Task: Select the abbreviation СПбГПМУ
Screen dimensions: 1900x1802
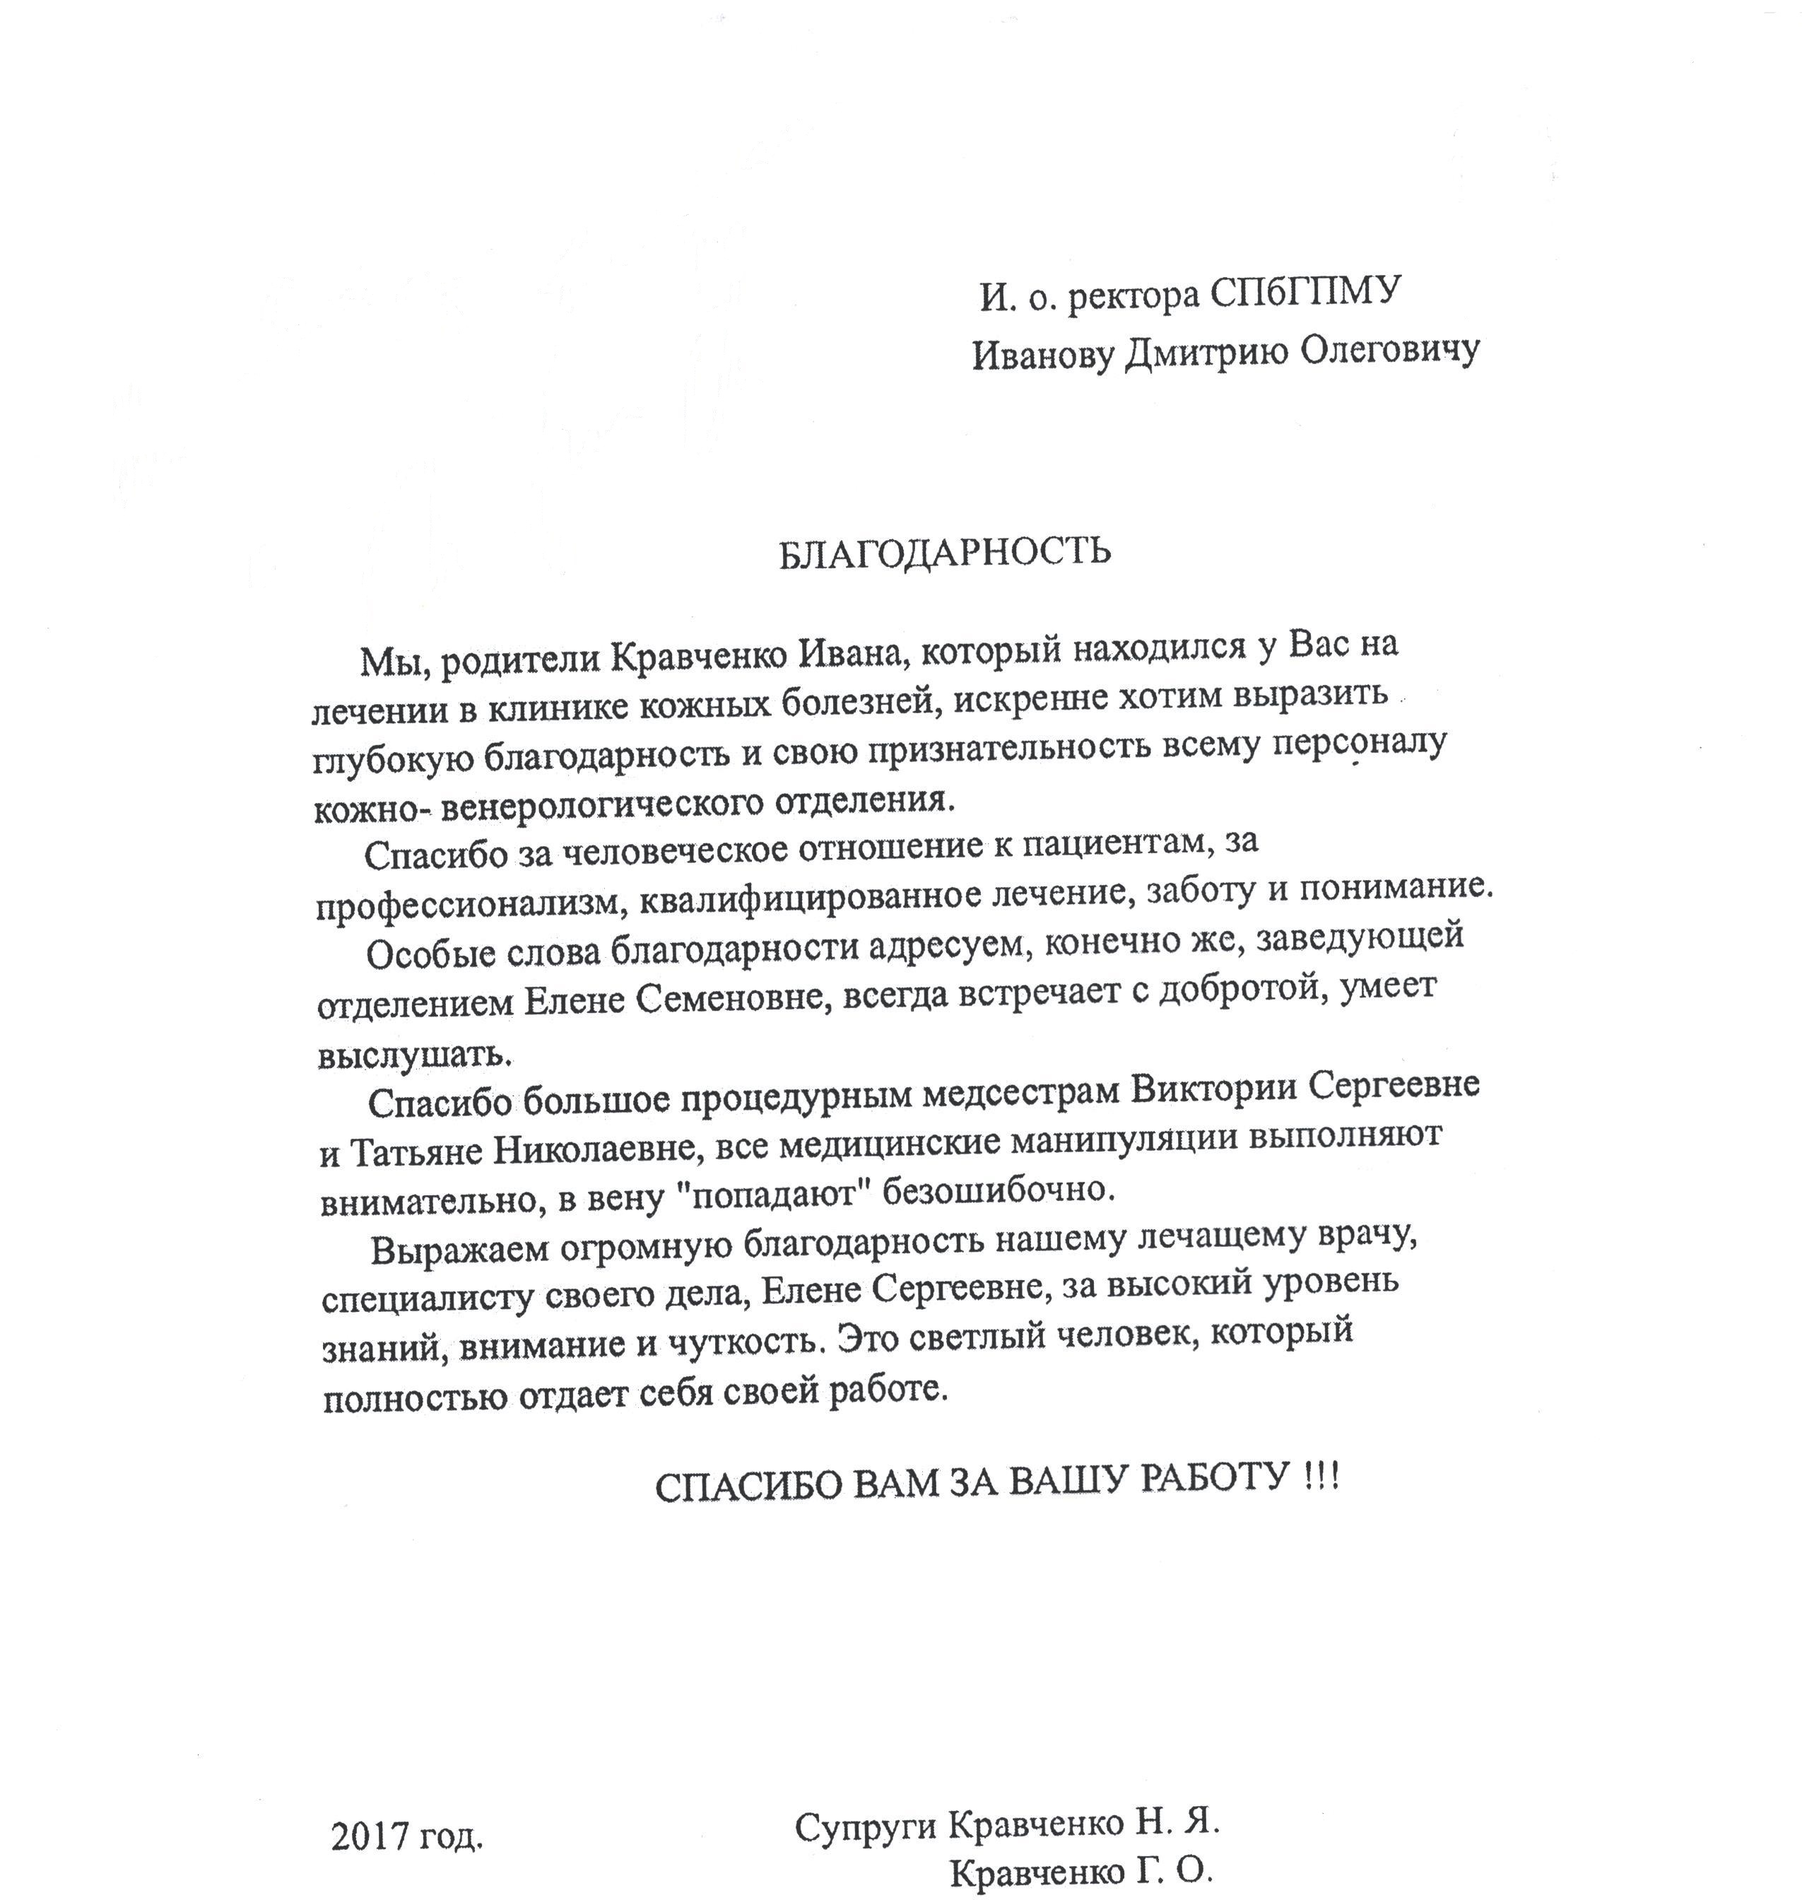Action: click(x=1307, y=292)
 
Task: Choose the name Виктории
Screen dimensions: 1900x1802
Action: click(x=1214, y=1090)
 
